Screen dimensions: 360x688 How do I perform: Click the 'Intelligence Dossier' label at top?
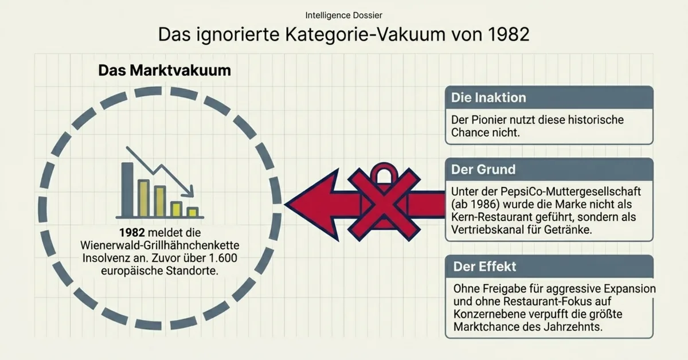point(343,14)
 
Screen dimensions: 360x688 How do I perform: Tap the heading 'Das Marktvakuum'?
point(165,71)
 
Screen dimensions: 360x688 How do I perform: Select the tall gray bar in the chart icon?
point(127,189)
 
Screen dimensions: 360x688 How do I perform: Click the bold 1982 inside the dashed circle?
point(132,233)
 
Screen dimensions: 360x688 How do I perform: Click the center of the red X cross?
point(384,204)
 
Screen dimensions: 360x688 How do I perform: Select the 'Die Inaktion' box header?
point(488,97)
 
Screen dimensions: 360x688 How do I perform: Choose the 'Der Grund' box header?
point(483,170)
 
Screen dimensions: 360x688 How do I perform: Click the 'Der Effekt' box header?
point(484,267)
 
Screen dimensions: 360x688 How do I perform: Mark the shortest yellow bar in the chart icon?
point(193,212)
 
